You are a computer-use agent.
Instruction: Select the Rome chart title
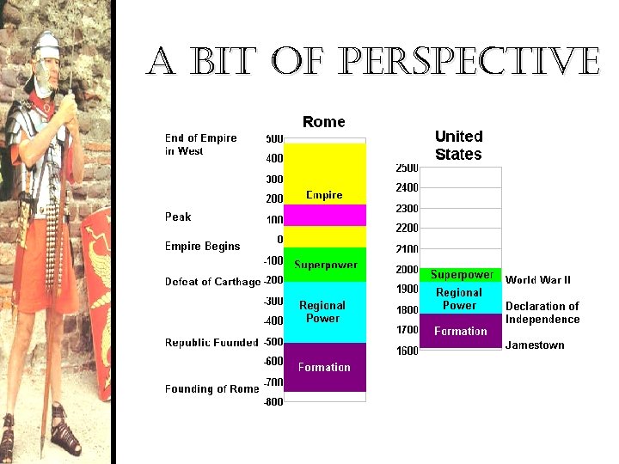click(324, 122)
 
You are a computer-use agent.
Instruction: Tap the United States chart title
click(459, 145)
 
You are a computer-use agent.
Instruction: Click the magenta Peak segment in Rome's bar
click(324, 216)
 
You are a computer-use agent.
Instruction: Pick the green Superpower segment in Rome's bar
click(324, 265)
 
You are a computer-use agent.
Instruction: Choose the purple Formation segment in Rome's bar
click(324, 367)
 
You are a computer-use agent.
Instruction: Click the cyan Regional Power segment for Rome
click(323, 311)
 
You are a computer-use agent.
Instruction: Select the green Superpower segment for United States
click(461, 275)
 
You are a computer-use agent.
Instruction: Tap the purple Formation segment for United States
click(460, 332)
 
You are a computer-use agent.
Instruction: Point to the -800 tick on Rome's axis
click(273, 401)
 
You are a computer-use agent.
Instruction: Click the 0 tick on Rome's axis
click(279, 239)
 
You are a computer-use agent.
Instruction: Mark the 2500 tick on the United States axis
click(407, 167)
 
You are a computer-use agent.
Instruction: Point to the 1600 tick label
click(407, 351)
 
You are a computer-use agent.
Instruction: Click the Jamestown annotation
click(535, 345)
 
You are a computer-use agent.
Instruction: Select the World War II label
click(538, 280)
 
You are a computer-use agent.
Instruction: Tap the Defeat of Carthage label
click(212, 282)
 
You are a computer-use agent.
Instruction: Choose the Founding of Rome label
click(211, 389)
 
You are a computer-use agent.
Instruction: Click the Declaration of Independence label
click(542, 313)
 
